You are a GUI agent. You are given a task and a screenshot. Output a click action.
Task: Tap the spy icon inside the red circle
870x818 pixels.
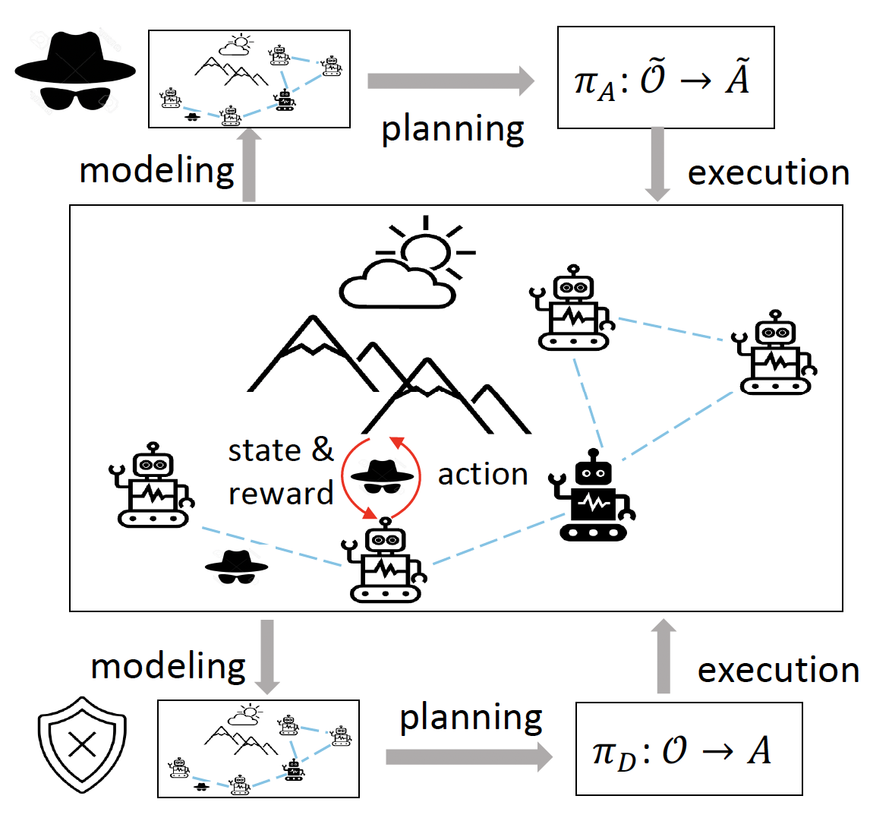click(x=386, y=476)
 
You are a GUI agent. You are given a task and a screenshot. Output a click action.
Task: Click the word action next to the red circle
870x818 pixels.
click(x=483, y=474)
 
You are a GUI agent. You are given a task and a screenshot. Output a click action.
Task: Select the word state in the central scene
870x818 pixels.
click(x=264, y=451)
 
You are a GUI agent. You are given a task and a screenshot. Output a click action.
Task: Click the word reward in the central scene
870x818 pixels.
click(x=281, y=494)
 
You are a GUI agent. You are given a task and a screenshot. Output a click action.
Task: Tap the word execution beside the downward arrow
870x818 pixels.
click(x=768, y=173)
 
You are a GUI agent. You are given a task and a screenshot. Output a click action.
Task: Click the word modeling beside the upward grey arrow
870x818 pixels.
click(x=156, y=171)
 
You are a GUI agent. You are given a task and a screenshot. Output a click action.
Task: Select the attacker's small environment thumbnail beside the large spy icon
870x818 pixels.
click(x=249, y=79)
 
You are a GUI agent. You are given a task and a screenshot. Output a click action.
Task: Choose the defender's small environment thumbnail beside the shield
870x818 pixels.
click(x=258, y=748)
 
